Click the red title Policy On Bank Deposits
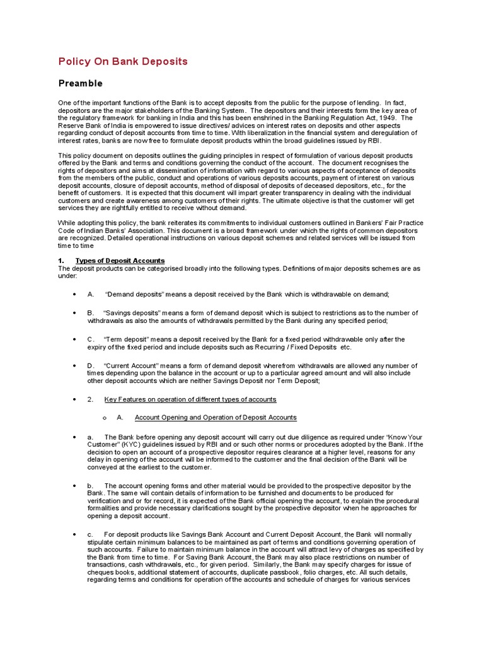coord(123,61)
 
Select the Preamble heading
coord(80,83)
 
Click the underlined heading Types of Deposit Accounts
coord(120,261)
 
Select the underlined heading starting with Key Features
coord(190,399)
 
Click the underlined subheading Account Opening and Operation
coord(216,418)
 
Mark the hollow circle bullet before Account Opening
coord(104,418)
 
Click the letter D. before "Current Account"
coord(91,366)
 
